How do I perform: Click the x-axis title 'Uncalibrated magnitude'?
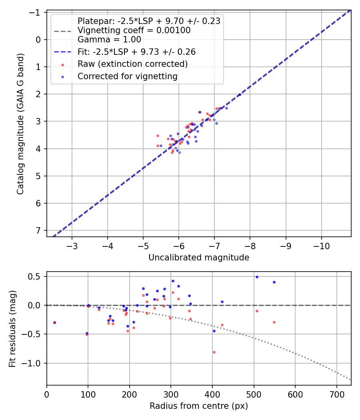199,258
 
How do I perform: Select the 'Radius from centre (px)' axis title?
199,406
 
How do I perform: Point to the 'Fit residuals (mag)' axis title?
12,329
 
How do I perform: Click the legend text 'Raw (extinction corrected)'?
132,64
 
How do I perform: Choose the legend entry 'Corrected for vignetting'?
127,76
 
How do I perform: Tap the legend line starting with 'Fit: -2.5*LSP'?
136,52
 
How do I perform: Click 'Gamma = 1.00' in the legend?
109,39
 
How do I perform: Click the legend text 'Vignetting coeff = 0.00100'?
134,30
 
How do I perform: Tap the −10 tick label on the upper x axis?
321,245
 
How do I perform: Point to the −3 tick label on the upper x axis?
72,245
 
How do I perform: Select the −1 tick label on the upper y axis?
37,12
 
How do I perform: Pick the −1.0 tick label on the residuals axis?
33,363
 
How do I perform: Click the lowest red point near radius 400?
214,352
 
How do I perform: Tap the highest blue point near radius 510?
257,277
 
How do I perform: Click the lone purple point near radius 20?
54,322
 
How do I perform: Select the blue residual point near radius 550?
274,282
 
